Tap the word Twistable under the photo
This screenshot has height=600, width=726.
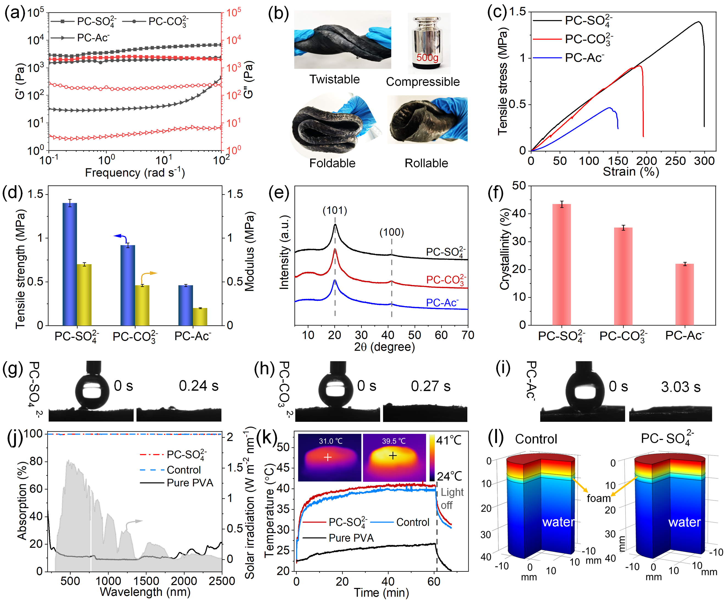tap(334, 79)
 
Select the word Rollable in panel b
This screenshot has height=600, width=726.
tap(426, 163)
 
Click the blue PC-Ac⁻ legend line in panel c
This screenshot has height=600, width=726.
tap(547, 58)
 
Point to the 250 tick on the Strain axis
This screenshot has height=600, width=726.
tap(675, 161)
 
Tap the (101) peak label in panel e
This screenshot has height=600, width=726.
tap(335, 210)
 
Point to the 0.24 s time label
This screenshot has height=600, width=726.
tap(198, 386)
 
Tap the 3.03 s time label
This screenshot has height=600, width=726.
tap(680, 387)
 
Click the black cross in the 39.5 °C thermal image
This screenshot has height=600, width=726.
tap(393, 456)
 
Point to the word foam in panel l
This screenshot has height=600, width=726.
tap(598, 498)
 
